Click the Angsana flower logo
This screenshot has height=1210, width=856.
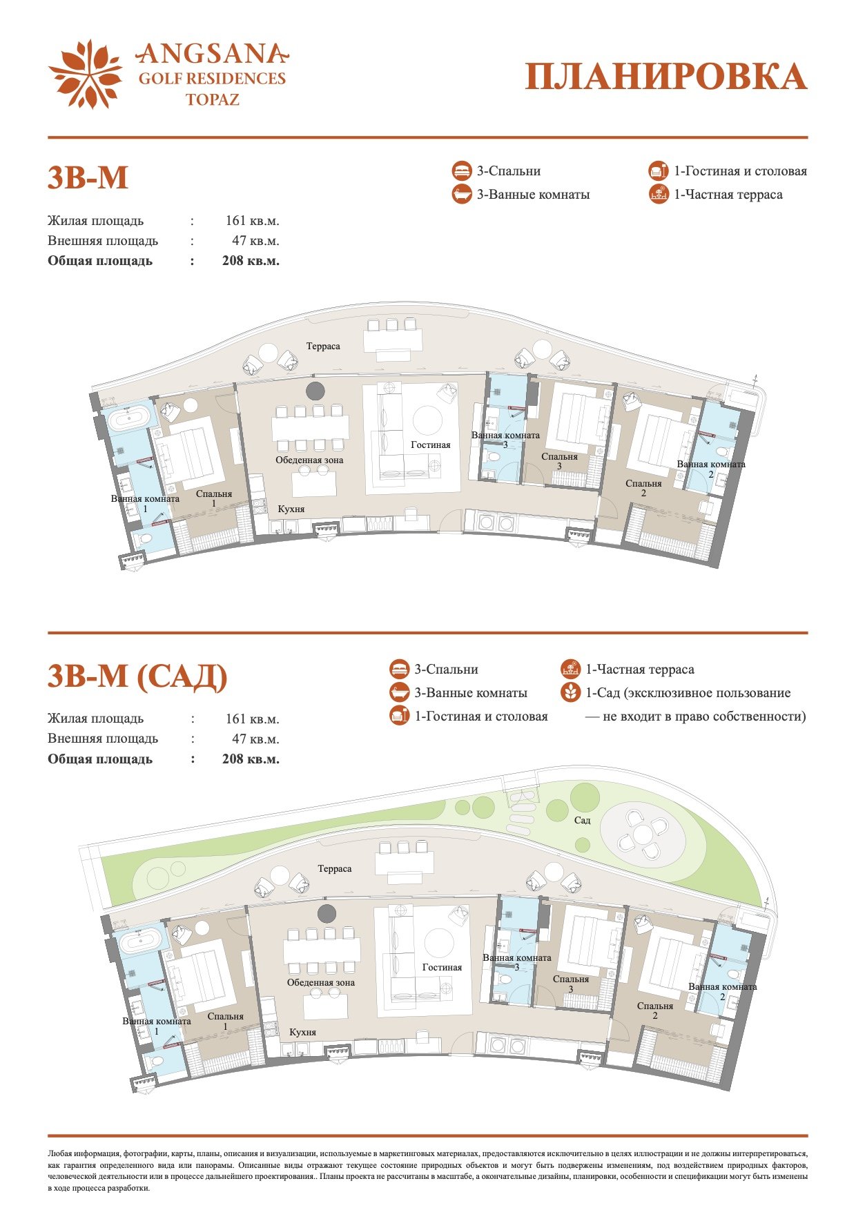click(x=86, y=74)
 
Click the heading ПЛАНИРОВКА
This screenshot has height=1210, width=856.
click(x=666, y=77)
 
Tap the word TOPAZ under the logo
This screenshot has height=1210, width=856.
click(x=213, y=99)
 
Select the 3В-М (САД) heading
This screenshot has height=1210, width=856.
click(x=137, y=676)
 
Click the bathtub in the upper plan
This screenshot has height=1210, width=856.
click(x=126, y=419)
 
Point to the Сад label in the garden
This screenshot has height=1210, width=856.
click(x=582, y=820)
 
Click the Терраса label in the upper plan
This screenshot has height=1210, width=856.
click(x=324, y=346)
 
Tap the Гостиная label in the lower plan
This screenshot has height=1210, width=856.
click(x=442, y=967)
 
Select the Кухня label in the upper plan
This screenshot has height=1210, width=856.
click(x=291, y=509)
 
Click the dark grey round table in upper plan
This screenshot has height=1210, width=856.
click(x=315, y=391)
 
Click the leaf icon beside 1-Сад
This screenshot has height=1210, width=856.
click(x=570, y=692)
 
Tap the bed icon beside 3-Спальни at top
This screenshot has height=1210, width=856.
click(x=461, y=171)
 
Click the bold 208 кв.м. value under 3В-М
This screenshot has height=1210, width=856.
click(x=251, y=261)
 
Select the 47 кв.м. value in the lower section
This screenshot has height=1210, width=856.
click(x=255, y=739)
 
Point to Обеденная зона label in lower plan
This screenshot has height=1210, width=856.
click(x=321, y=982)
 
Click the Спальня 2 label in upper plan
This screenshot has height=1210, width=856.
click(x=643, y=488)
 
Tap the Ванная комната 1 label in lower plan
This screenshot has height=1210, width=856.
click(x=157, y=1026)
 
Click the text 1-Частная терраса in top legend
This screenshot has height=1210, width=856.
click(x=728, y=195)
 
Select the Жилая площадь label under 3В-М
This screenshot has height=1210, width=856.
click(x=96, y=221)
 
